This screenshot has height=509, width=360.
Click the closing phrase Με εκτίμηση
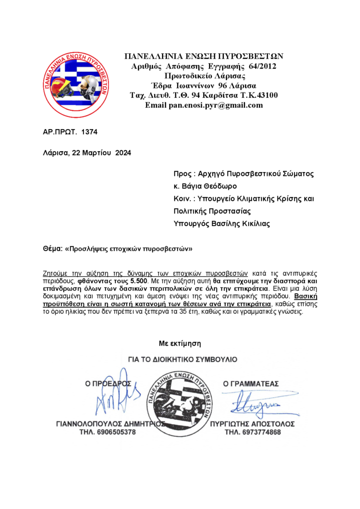coord(180,343)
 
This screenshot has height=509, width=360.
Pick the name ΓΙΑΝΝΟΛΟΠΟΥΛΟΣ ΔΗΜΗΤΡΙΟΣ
coord(110,424)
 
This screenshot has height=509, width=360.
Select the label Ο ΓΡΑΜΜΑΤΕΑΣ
coord(251,384)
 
